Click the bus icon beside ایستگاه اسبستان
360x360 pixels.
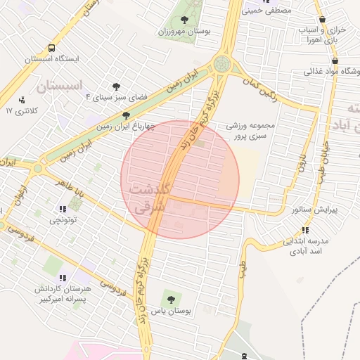click(x=51, y=49)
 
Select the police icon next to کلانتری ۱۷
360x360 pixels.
click(x=22, y=100)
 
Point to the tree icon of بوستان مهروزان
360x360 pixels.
click(x=184, y=20)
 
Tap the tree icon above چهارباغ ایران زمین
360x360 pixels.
click(x=126, y=115)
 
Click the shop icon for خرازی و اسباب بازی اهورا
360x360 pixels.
click(x=322, y=20)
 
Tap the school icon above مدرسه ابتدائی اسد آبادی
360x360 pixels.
click(x=304, y=230)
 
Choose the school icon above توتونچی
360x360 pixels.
click(x=63, y=208)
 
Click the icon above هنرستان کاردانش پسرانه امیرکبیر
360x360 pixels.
click(x=63, y=278)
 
